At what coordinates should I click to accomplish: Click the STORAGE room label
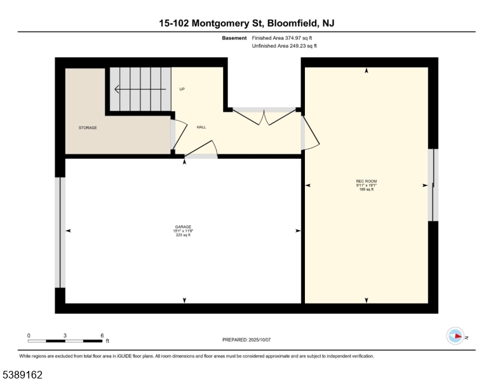point(88,128)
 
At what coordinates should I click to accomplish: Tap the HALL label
point(201,127)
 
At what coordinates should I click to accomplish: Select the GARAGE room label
point(183,227)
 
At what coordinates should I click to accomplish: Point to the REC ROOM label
point(367,181)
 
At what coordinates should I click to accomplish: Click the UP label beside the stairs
point(182,89)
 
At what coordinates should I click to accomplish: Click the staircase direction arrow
point(140,90)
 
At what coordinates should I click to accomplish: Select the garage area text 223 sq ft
point(183,235)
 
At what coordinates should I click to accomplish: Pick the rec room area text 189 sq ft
point(367,189)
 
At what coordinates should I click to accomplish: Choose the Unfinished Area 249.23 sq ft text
point(284,46)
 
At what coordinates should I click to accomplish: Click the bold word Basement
point(234,38)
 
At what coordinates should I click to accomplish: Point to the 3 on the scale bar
point(65,335)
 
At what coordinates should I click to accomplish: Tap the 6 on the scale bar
point(102,335)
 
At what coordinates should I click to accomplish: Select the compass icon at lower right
point(456,337)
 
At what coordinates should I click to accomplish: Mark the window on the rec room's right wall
point(433,185)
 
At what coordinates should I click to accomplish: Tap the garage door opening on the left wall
point(61,232)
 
